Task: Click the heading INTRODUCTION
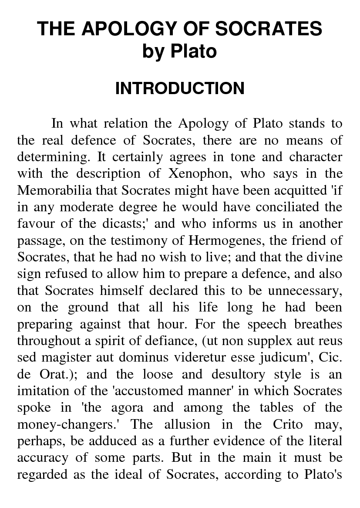click(x=180, y=88)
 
